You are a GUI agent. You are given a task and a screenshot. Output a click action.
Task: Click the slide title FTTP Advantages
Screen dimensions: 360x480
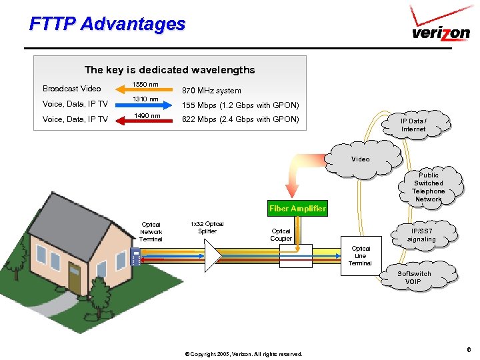coord(107,24)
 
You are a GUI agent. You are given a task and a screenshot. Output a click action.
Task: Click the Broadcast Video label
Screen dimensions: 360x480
coord(72,89)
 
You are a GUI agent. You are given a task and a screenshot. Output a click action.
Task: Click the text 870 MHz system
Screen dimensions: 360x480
coord(212,91)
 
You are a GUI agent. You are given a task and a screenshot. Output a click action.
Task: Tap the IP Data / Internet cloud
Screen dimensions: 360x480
coord(413,125)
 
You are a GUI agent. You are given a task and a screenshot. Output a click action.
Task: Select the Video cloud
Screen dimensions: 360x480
coord(361,159)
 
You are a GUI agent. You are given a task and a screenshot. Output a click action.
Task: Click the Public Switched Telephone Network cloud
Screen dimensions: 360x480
coord(428,187)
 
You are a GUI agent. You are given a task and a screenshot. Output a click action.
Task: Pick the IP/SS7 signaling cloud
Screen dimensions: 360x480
coord(421,235)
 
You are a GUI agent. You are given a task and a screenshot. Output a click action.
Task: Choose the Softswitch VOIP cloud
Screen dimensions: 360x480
coord(414,277)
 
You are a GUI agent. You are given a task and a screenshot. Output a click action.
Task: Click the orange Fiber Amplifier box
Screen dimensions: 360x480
coord(297,209)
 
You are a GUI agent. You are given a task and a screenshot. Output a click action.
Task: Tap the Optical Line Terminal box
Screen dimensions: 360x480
coord(360,256)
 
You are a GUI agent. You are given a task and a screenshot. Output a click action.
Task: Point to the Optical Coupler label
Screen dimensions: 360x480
coord(281,235)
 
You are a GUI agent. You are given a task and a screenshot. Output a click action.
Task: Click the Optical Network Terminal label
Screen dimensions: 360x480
coord(151,232)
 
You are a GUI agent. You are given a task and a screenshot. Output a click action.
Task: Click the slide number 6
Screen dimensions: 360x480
coord(469,349)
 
